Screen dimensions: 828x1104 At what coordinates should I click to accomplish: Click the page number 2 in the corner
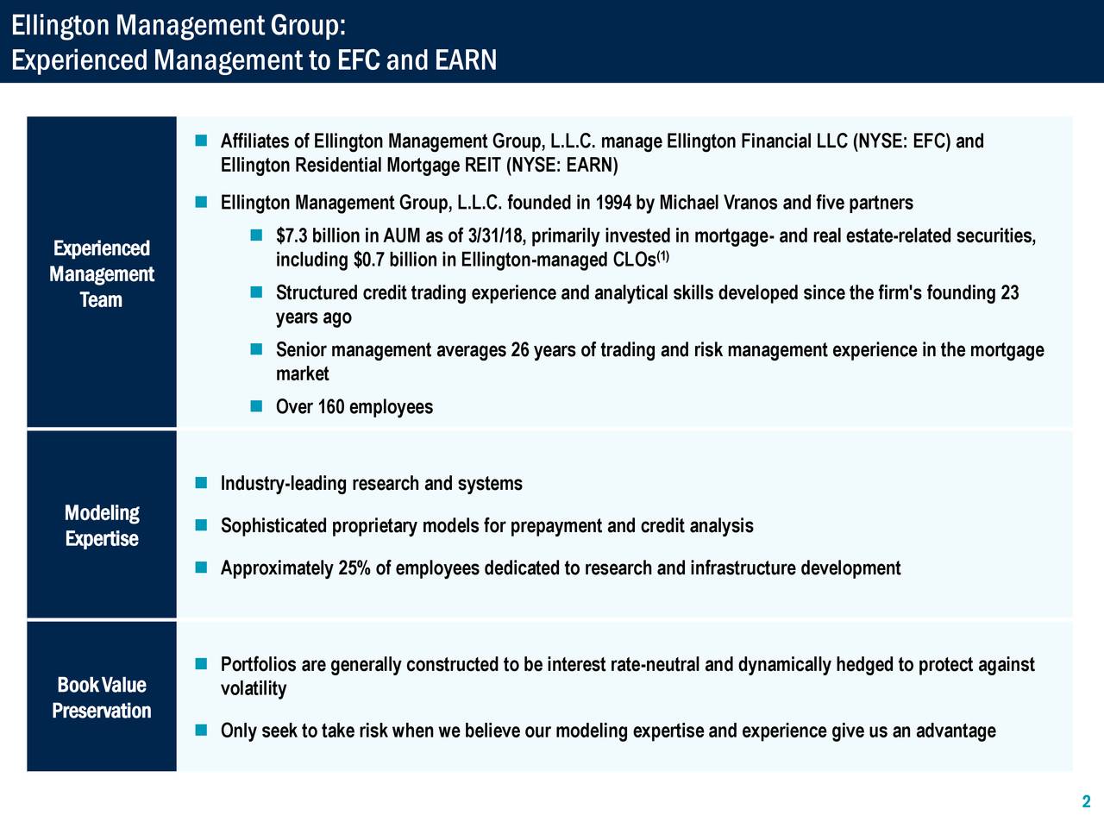pyautogui.click(x=1086, y=802)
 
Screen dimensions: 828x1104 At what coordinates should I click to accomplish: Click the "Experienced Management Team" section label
pyautogui.click(x=101, y=274)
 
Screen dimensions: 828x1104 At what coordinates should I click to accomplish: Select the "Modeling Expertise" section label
pyautogui.click(x=102, y=526)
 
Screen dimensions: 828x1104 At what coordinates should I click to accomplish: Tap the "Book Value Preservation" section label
pyautogui.click(x=101, y=698)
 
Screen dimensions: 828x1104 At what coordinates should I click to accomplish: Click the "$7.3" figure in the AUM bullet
pyautogui.click(x=292, y=236)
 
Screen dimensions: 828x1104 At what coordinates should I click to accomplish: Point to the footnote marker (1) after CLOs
pyautogui.click(x=663, y=256)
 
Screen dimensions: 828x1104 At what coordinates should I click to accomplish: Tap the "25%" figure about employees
pyautogui.click(x=354, y=568)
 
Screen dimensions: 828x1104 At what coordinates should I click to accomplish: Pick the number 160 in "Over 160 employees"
pyautogui.click(x=331, y=407)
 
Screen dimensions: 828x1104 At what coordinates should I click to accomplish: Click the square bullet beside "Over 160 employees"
pyautogui.click(x=256, y=405)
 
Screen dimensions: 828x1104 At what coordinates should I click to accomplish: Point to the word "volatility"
pyautogui.click(x=253, y=689)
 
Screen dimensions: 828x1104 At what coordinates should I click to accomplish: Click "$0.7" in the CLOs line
pyautogui.click(x=368, y=260)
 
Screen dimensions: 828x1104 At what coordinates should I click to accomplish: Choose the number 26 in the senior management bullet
pyautogui.click(x=519, y=350)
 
